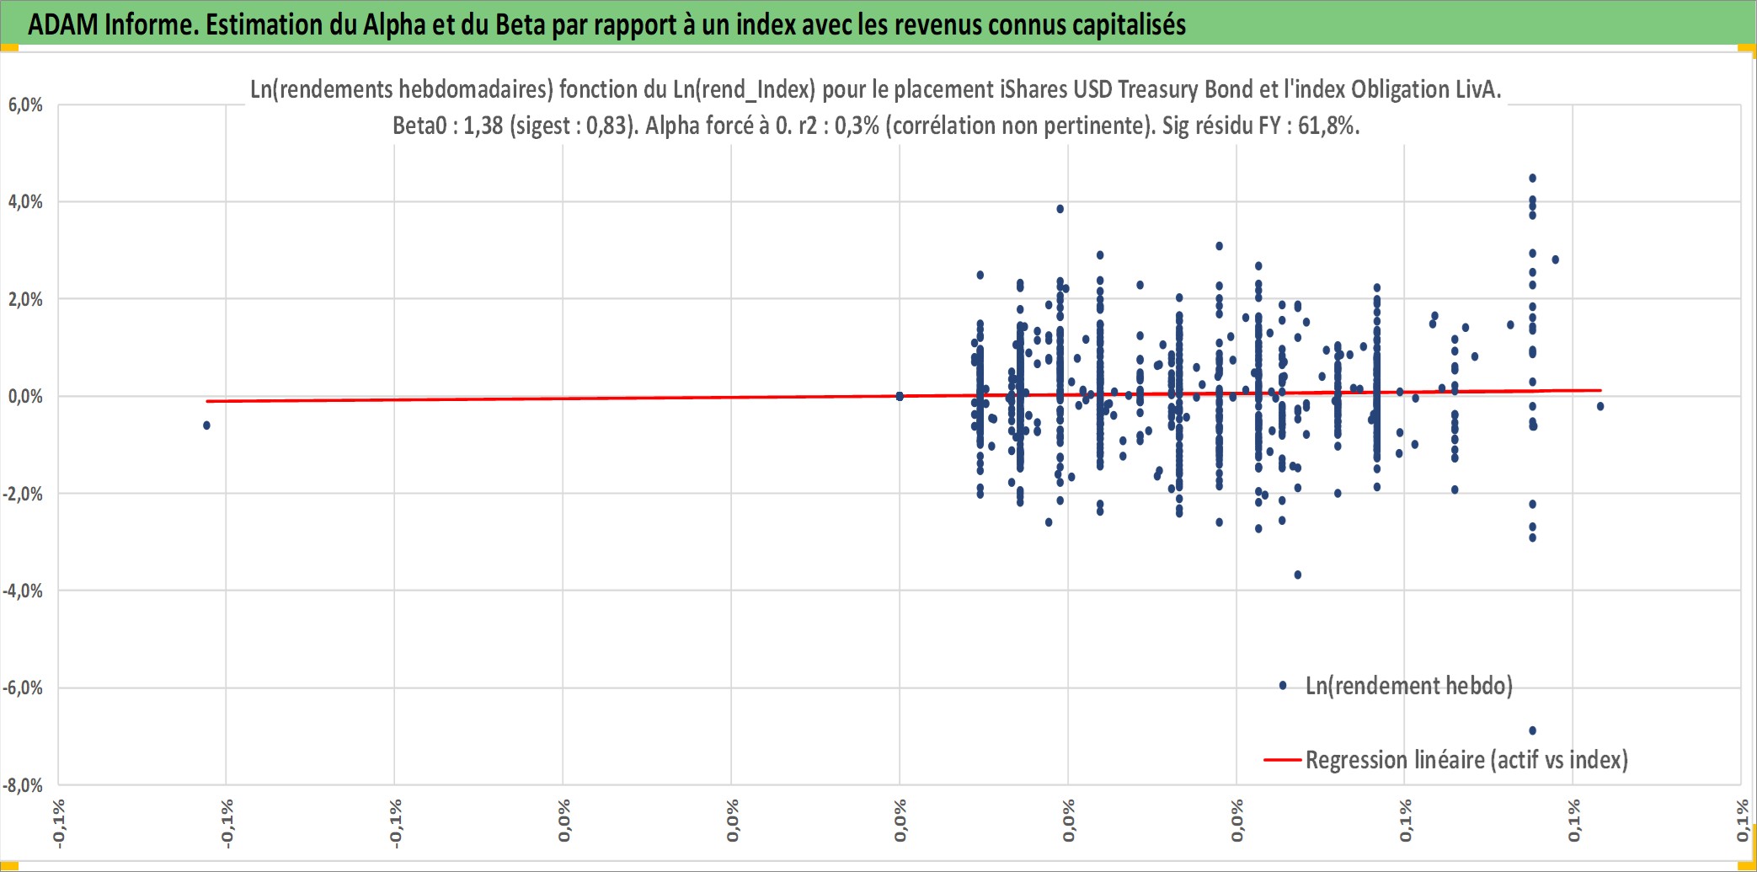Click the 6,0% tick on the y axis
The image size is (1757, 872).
[25, 105]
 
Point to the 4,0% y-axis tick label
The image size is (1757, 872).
[25, 202]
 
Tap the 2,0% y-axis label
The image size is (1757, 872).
[25, 299]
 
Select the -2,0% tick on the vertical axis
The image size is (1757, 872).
[23, 494]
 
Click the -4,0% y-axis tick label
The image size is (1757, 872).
[23, 591]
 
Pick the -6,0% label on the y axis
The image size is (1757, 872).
[23, 688]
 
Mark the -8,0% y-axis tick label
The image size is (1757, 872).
[23, 785]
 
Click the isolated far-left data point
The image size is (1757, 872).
[206, 425]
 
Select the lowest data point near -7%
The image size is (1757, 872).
[1532, 730]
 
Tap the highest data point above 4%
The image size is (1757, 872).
[1532, 179]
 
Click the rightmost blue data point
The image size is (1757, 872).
[1600, 407]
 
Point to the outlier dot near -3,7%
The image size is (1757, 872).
[1298, 575]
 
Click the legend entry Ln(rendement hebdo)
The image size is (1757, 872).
[1408, 686]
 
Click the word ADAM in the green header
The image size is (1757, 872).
[63, 24]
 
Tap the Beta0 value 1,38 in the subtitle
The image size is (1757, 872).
[483, 126]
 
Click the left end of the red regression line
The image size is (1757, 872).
[207, 401]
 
